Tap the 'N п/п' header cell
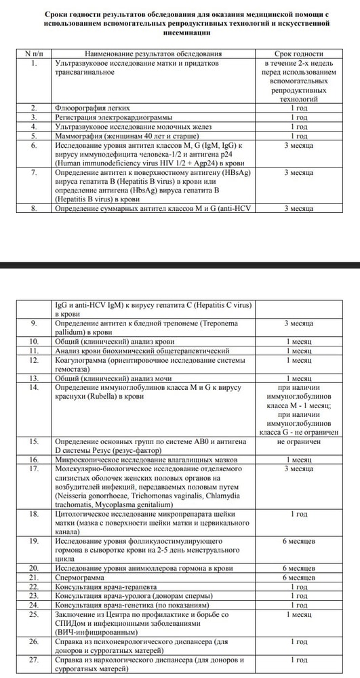[34, 53]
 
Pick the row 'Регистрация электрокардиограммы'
[111, 117]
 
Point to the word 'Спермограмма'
[80, 577]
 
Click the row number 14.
[34, 386]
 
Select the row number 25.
[34, 613]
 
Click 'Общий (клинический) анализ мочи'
[112, 378]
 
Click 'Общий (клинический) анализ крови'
[113, 342]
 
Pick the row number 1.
[34, 62]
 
